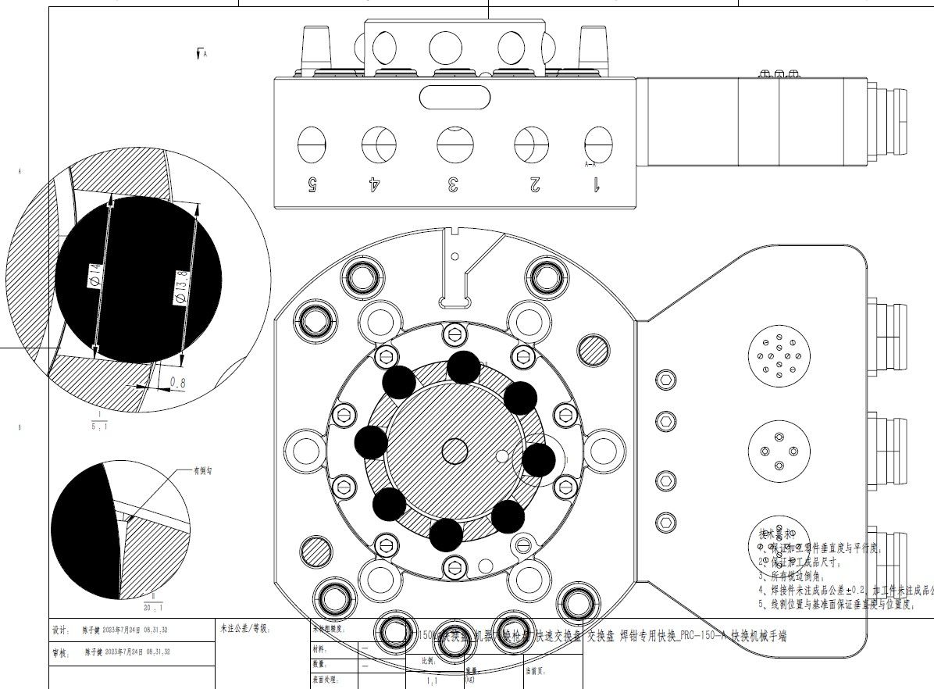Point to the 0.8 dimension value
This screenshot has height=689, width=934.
[x=177, y=383]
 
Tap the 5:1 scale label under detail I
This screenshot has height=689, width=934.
[x=99, y=427]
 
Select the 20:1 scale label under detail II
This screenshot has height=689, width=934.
[x=153, y=606]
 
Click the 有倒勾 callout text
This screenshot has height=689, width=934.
[x=203, y=471]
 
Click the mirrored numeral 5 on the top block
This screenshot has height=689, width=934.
[x=312, y=184]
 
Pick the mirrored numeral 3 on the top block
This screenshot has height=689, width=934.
[x=453, y=184]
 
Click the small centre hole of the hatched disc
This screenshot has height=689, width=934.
[x=454, y=451]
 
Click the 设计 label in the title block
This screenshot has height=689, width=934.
[x=60, y=630]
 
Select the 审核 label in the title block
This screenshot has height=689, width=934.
[x=60, y=652]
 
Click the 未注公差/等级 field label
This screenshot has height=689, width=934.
[x=245, y=628]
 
